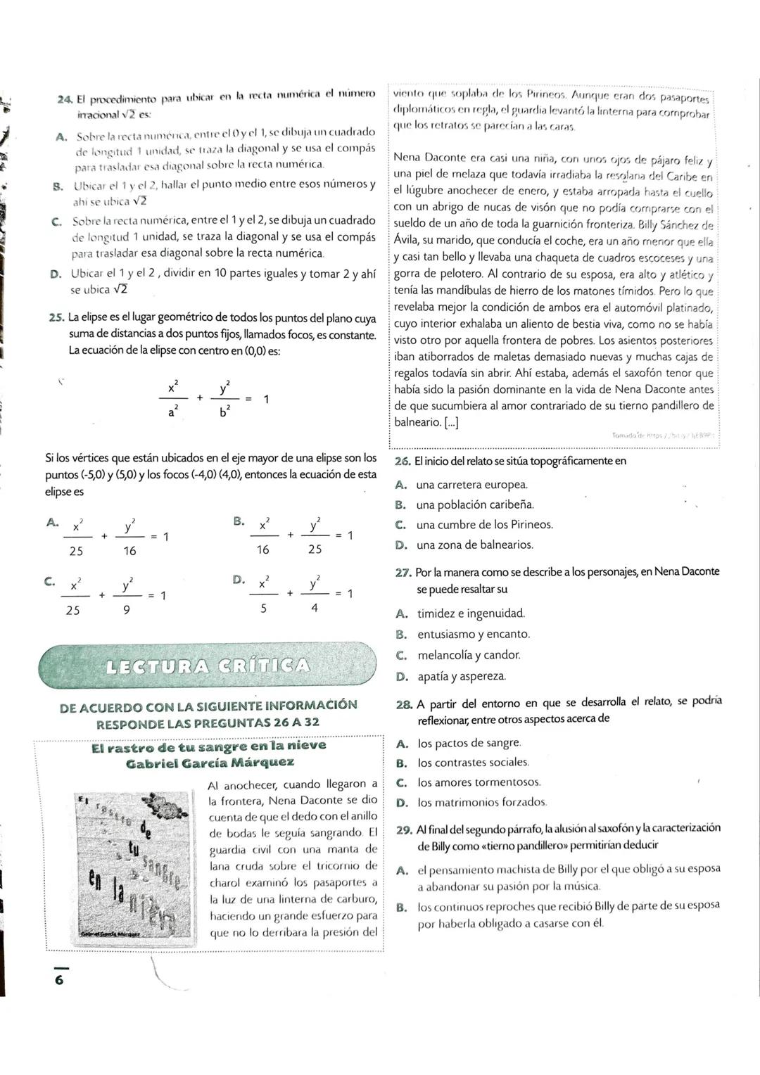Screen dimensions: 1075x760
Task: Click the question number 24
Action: pos(65,98)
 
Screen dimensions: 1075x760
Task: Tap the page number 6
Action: pos(59,979)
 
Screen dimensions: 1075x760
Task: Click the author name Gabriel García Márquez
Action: pos(210,763)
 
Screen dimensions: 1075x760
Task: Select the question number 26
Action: pos(403,462)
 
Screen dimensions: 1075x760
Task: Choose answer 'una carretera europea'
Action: pos(471,485)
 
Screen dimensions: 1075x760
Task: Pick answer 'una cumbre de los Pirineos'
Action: pos(484,525)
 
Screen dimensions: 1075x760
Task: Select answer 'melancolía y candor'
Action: pos(469,655)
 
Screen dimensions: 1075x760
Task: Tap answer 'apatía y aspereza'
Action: pos(461,676)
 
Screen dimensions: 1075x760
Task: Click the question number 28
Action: pos(404,704)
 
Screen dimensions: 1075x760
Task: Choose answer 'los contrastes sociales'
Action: pos(472,762)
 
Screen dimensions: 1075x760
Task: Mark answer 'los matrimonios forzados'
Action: pos(481,802)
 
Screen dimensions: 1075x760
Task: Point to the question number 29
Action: pos(404,829)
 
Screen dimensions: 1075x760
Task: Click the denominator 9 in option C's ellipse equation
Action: pos(127,611)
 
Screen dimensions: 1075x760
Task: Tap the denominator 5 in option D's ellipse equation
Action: pos(263,609)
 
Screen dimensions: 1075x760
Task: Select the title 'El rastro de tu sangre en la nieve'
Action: pos(209,746)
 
